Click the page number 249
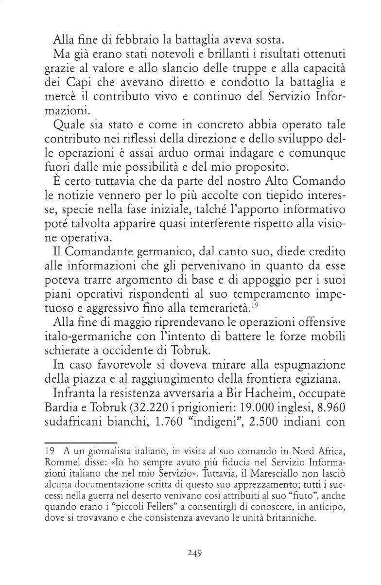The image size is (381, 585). pos(194,552)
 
